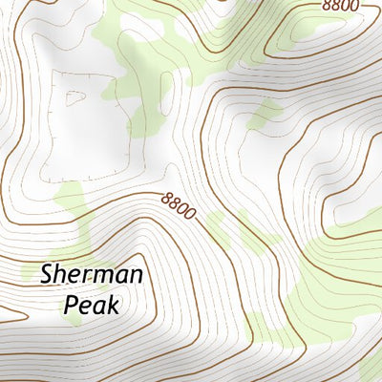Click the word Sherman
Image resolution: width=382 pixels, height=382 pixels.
[92, 276]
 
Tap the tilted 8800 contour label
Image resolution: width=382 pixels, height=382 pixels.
[179, 204]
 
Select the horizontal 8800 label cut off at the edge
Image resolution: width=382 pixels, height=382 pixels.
[341, 6]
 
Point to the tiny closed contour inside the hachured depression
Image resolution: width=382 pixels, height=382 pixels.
[74, 96]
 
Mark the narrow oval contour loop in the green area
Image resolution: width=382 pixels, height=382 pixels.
[167, 95]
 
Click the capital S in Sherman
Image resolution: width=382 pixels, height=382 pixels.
[48, 276]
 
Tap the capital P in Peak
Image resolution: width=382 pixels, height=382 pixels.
[71, 306]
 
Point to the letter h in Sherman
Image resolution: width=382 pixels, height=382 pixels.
[62, 276]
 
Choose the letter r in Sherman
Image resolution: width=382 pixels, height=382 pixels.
[89, 277]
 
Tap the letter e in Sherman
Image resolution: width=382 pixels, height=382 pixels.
[76, 277]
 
